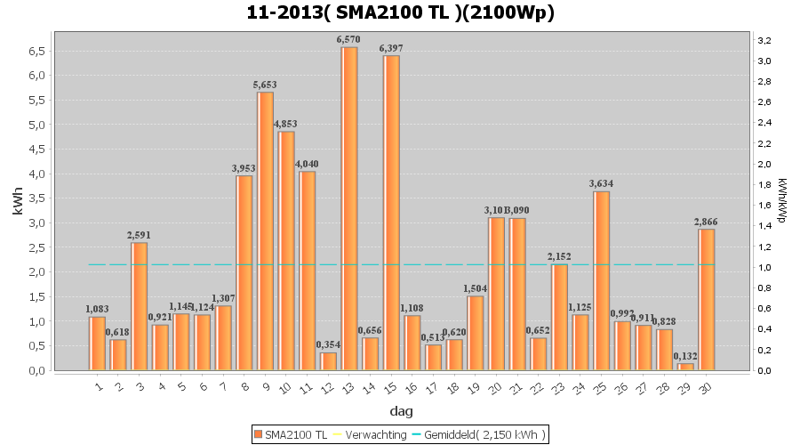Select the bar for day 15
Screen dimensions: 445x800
point(392,214)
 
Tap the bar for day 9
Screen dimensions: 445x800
point(265,231)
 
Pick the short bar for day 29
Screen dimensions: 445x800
point(684,367)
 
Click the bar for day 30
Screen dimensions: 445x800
point(706,299)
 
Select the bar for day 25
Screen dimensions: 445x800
point(601,280)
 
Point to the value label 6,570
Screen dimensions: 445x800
point(349,40)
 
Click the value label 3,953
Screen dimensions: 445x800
point(244,168)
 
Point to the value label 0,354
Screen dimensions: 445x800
point(328,345)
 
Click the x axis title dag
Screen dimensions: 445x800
point(400,412)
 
